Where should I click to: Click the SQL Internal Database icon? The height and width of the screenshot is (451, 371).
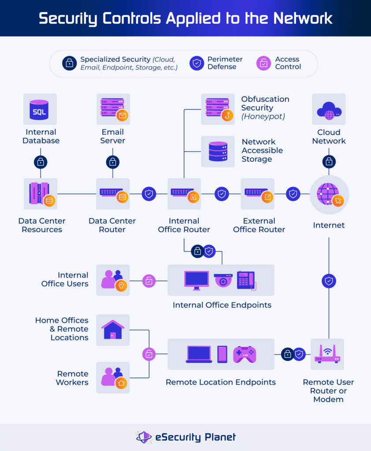coord(40,109)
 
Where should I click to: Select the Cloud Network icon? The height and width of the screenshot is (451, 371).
coord(329,109)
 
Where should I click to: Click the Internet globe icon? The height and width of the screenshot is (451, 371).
coord(329,194)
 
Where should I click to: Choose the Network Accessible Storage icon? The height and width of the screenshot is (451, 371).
coord(218,151)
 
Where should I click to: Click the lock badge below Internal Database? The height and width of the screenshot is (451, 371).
coord(41,162)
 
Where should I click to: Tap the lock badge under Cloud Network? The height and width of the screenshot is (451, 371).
coord(329,162)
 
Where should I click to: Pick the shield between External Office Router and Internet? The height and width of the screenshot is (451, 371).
coord(293,194)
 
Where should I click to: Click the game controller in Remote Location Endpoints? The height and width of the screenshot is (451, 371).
coord(244,354)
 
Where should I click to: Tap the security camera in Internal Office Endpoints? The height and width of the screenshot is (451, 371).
coord(223,280)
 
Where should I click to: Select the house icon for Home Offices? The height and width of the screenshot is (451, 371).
coord(113,329)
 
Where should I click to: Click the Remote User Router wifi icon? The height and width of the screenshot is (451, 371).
coord(327,354)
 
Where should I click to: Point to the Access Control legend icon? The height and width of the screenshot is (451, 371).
coord(263,63)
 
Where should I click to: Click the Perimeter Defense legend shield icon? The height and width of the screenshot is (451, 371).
coord(196,63)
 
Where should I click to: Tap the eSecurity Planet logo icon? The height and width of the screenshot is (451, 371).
coord(144,437)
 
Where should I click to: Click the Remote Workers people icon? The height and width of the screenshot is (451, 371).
coord(113,377)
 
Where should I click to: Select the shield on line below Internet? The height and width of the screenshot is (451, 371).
coord(329,281)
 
